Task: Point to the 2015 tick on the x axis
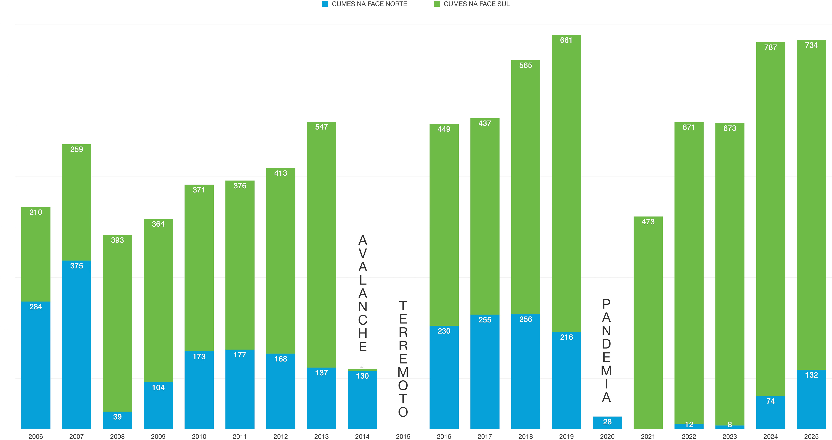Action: tap(403, 436)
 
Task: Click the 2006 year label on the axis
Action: tap(36, 436)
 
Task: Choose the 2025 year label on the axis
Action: tap(811, 436)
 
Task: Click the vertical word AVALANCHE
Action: tap(363, 293)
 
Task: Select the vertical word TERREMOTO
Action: tap(403, 358)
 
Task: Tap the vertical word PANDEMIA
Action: tap(607, 350)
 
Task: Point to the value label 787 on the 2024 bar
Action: tap(771, 47)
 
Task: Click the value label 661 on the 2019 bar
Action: tap(566, 40)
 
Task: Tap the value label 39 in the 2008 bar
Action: tap(117, 417)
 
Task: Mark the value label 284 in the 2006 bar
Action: tap(36, 307)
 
